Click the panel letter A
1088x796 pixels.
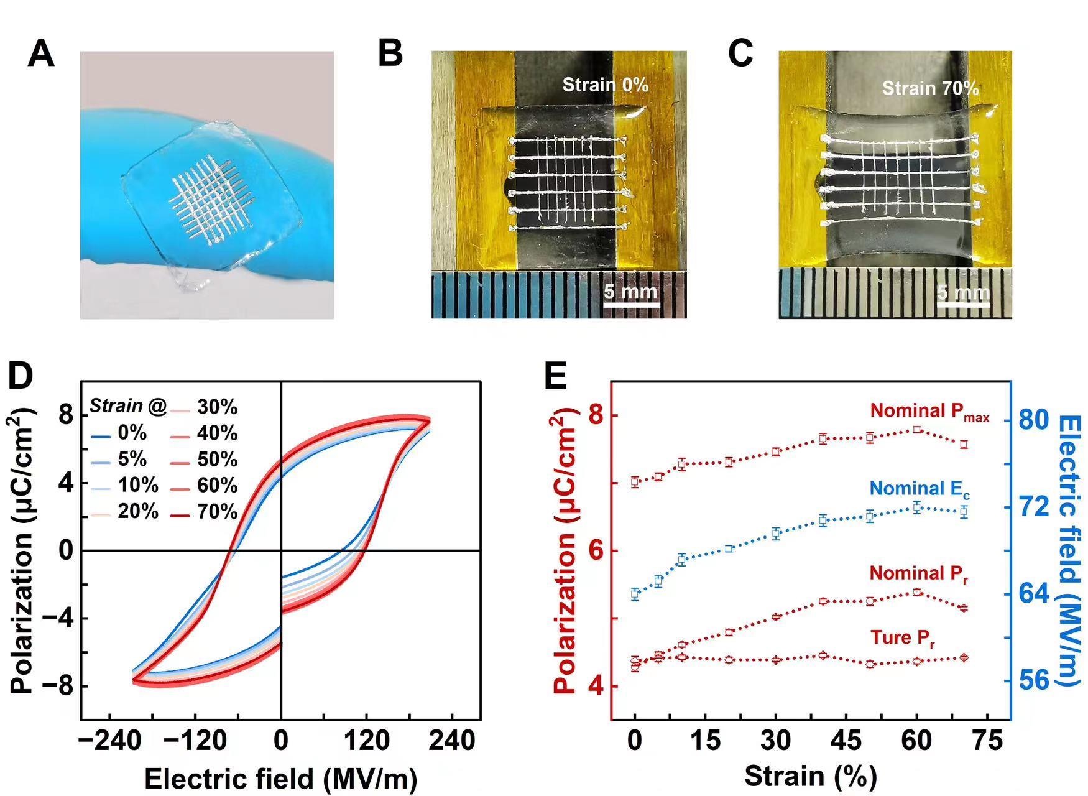coord(41,53)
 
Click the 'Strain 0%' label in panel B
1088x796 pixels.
coord(605,85)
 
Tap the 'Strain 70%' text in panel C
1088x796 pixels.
coord(930,88)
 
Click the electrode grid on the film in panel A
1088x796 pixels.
coord(211,199)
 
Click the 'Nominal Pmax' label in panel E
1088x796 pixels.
coord(929,412)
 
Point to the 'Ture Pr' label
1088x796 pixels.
coord(903,638)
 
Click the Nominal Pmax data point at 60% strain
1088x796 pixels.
coord(917,430)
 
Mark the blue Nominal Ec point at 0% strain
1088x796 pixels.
coord(635,595)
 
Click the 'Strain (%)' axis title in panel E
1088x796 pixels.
coord(809,777)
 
